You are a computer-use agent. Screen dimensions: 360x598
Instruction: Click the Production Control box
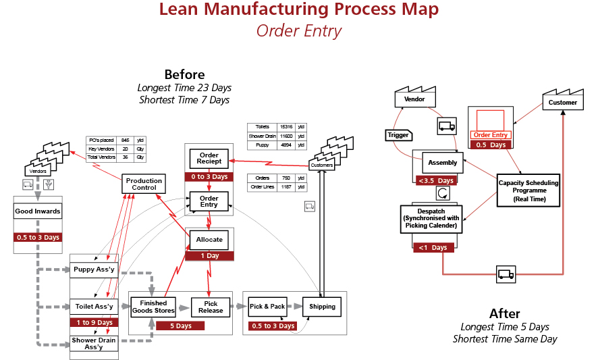coord(144,184)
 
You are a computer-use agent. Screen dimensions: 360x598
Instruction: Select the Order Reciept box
coord(209,159)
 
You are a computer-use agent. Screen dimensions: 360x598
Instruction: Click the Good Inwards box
coord(38,211)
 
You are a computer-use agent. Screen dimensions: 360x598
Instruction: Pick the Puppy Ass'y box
coord(94,269)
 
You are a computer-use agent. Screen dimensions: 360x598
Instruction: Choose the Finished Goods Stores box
coord(153,307)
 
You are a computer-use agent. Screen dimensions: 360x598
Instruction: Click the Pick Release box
coord(211,307)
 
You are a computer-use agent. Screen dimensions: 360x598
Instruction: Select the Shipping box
coord(321,307)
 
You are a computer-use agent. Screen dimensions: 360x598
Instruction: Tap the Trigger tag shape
coord(398,135)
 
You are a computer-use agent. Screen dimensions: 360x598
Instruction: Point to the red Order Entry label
coord(491,135)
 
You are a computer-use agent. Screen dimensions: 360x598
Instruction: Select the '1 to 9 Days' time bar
coord(94,323)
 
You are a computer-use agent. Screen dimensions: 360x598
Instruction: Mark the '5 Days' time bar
coord(180,326)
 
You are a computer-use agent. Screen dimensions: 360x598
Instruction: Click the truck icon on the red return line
coord(505,274)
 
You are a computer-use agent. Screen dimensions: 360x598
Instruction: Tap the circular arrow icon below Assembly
coord(442,193)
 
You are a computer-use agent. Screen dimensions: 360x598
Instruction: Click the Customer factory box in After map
coord(562,103)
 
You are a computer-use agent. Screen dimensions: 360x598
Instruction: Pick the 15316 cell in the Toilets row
coord(286,126)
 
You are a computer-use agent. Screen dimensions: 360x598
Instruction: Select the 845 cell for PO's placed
coord(125,140)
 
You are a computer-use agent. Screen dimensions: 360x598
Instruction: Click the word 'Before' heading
coord(184,74)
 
